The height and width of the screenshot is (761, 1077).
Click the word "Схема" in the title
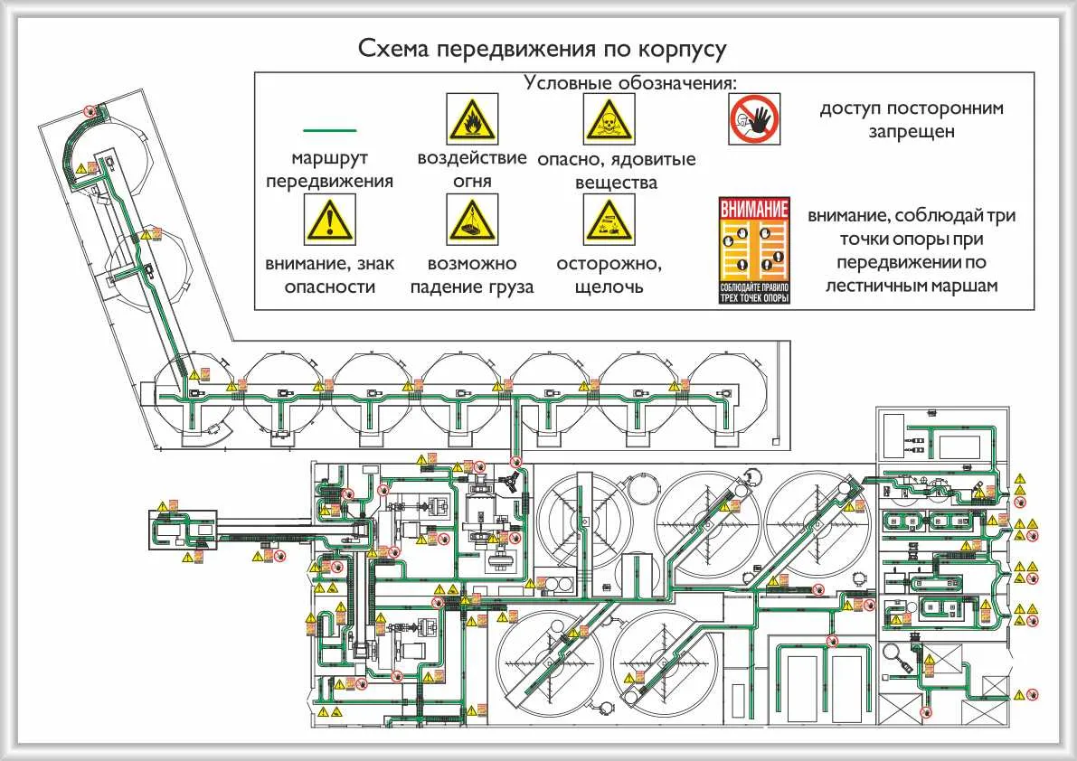tap(394, 48)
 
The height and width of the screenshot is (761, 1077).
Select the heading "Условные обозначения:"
tap(631, 82)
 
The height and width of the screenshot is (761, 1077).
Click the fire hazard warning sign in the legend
tap(472, 117)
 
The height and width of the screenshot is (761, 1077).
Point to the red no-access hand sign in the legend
tap(754, 119)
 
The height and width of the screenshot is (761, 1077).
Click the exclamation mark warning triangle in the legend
tap(330, 221)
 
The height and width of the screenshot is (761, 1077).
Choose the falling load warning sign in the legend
tap(472, 221)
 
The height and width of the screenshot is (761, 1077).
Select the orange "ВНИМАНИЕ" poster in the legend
tap(754, 250)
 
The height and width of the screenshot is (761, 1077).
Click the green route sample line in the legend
tap(330, 132)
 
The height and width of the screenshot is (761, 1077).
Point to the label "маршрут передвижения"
tap(330, 169)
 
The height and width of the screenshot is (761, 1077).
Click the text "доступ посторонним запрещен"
tap(912, 119)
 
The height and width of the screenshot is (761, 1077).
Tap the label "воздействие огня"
tap(472, 169)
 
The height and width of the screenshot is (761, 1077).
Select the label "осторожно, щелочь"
tap(609, 276)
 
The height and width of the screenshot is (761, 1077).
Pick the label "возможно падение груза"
tap(472, 276)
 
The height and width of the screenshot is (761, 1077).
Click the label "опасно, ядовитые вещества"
tap(616, 171)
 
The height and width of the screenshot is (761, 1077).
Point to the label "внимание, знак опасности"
tap(330, 276)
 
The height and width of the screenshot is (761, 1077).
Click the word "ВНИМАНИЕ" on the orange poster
tap(754, 208)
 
